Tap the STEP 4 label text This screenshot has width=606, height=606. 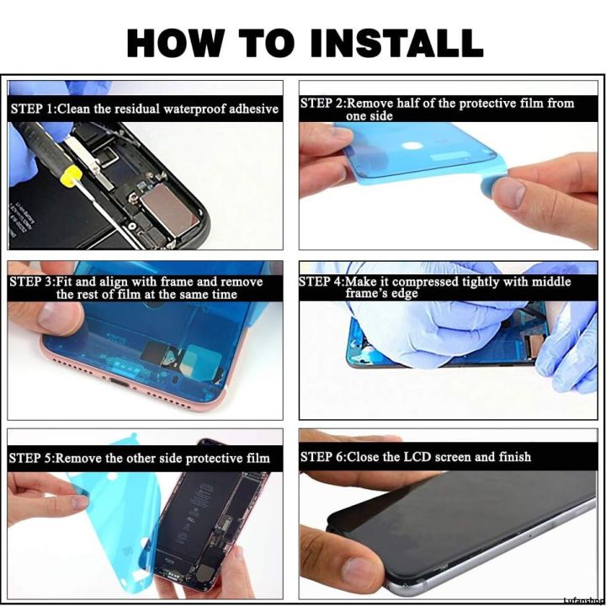(x=322, y=281)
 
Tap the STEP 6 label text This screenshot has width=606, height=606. (x=322, y=457)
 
